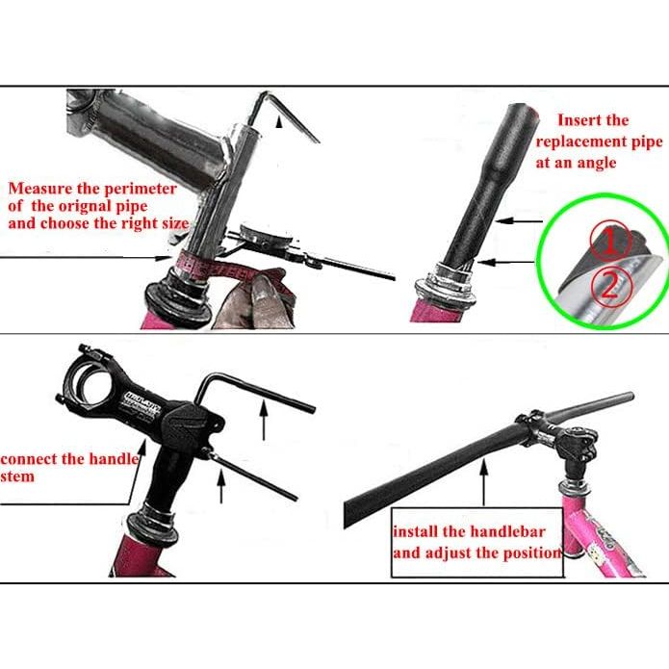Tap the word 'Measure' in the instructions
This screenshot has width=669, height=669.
[x=40, y=188]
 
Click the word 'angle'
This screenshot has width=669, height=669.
[x=597, y=164]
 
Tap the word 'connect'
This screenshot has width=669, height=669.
[x=29, y=459]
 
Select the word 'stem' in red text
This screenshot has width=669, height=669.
[x=17, y=476]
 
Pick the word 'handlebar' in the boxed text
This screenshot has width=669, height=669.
[x=507, y=531]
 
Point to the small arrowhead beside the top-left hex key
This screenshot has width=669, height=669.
[x=279, y=122]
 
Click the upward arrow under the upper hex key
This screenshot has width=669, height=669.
[x=264, y=420]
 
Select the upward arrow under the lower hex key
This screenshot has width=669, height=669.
[x=221, y=485]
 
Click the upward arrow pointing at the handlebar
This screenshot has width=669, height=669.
[x=484, y=481]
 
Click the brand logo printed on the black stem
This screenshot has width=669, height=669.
[x=142, y=401]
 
